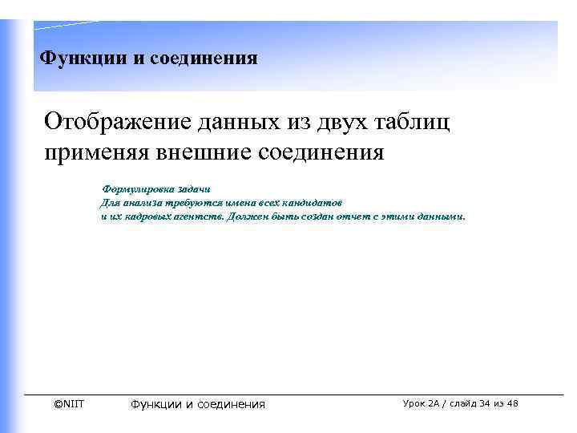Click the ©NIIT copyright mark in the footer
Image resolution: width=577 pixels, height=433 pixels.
point(68,403)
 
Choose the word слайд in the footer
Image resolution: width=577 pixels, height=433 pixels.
point(462,403)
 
